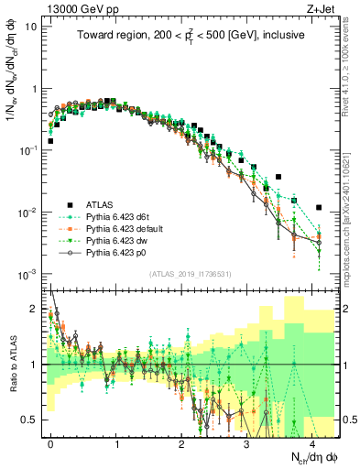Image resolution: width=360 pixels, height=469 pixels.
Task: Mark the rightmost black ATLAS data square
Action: click(x=319, y=207)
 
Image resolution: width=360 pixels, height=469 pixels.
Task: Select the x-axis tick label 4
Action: click(x=311, y=442)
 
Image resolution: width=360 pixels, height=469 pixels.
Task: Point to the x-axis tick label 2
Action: click(x=181, y=442)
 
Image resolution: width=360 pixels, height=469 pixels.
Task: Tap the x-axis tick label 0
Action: click(x=51, y=442)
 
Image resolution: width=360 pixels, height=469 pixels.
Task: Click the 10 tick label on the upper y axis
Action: click(x=31, y=26)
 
